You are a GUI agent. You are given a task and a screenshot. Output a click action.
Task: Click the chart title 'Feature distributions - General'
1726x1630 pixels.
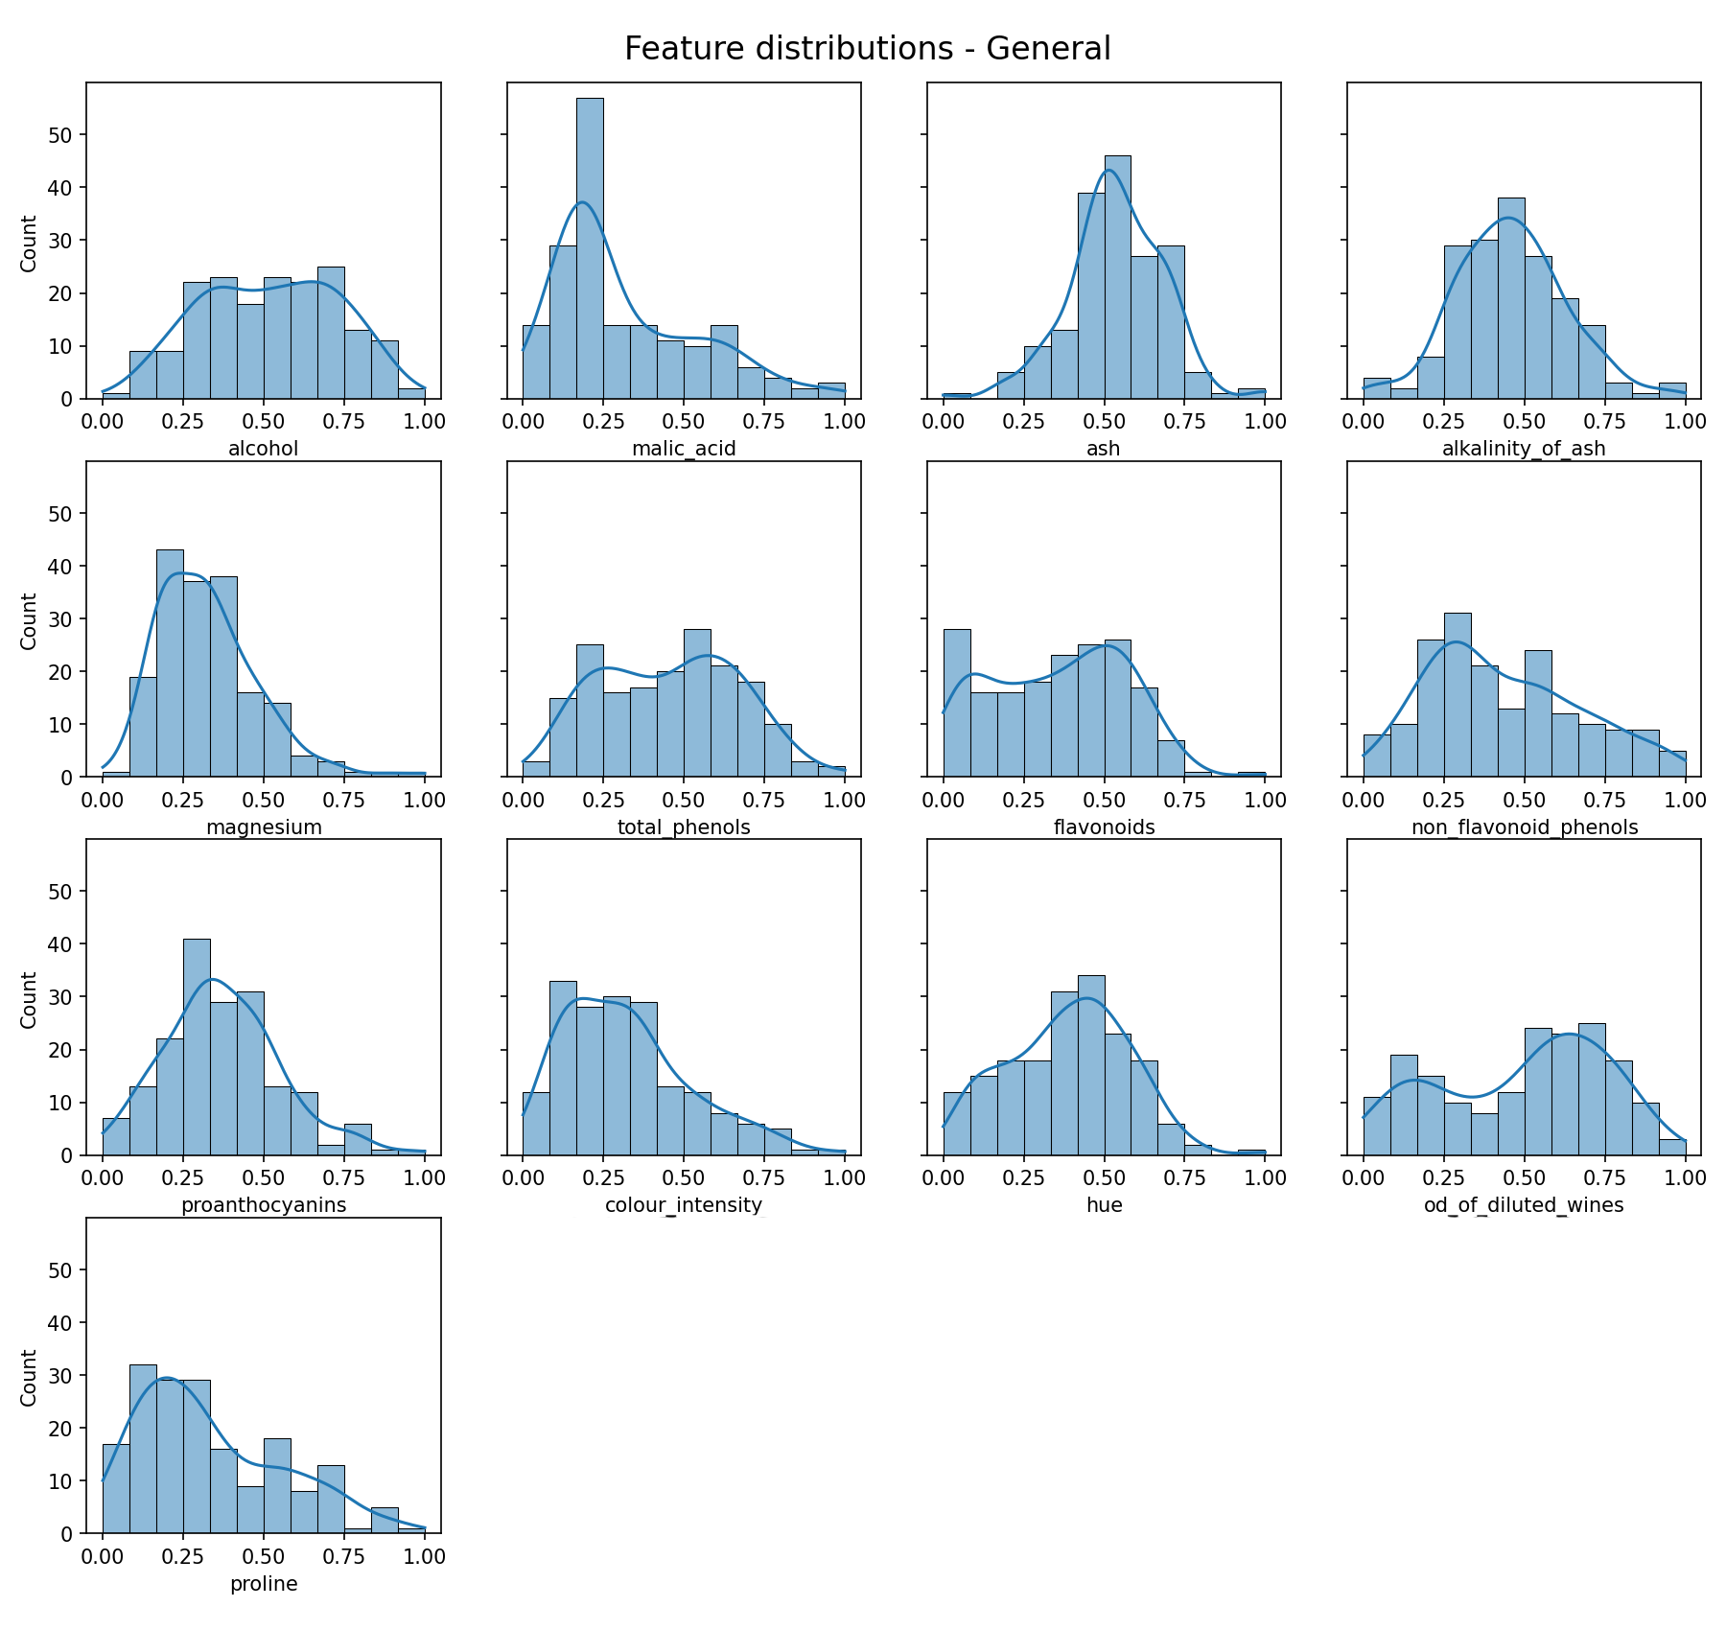point(867,49)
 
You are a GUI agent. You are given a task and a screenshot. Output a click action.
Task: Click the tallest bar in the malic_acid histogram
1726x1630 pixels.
point(590,248)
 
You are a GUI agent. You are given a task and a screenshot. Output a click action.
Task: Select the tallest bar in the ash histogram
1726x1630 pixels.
point(1117,277)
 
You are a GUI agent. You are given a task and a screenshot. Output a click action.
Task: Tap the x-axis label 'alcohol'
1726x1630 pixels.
point(264,449)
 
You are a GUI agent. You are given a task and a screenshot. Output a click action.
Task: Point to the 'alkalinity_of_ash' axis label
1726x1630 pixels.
point(1524,449)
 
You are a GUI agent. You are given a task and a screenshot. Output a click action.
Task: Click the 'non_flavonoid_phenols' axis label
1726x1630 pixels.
point(1524,827)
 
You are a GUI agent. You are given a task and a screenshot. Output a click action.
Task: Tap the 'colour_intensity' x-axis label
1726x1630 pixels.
point(684,1205)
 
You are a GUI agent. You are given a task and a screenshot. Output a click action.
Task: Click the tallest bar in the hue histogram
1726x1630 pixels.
point(1091,1065)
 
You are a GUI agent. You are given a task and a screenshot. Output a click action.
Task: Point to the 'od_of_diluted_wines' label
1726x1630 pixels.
point(1524,1205)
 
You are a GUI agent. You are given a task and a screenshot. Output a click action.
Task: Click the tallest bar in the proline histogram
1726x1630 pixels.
point(143,1449)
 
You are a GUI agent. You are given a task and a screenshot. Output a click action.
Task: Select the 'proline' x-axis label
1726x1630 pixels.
point(264,1584)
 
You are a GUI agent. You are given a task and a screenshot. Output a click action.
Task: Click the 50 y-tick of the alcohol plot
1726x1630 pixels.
point(60,135)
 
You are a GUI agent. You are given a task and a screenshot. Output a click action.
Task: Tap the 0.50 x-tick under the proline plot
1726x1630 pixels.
point(264,1557)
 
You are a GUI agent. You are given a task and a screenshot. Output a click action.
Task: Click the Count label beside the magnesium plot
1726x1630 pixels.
point(29,620)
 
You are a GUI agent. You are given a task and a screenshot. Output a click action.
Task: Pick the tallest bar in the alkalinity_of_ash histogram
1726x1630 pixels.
point(1511,298)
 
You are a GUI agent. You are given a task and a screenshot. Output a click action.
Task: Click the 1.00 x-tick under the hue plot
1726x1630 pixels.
point(1265,1178)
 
